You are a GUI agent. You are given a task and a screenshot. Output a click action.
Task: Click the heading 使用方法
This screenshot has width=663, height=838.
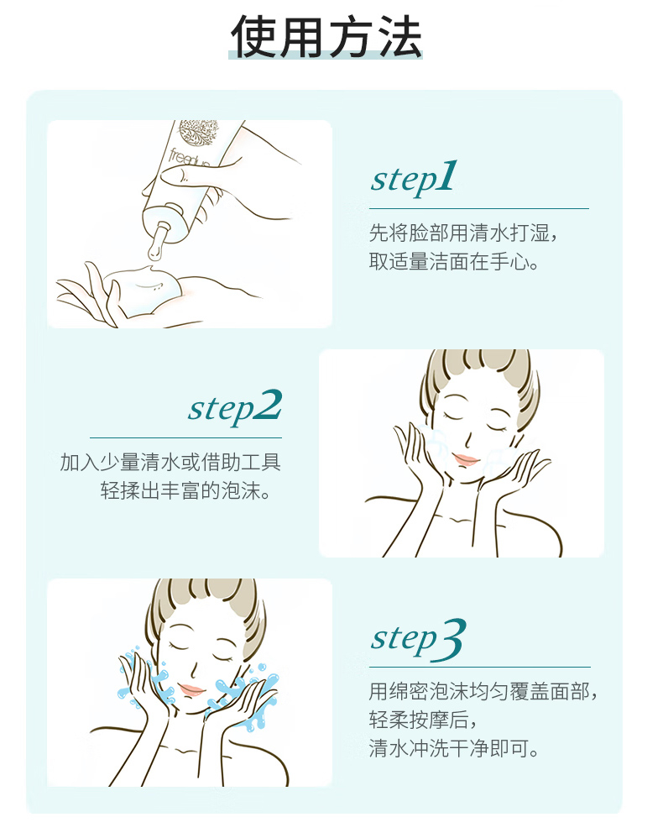coord(326,36)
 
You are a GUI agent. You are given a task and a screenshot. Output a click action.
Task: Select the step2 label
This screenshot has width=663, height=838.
coord(235,407)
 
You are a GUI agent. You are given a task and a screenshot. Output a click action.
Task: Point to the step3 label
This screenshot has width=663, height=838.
coord(418,639)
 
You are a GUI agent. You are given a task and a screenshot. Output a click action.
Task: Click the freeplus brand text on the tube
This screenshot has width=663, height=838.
coord(189,158)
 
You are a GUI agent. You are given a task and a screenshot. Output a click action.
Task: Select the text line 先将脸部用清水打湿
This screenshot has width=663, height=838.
coord(463,233)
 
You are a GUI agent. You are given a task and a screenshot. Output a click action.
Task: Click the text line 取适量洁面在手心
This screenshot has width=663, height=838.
coord(453,261)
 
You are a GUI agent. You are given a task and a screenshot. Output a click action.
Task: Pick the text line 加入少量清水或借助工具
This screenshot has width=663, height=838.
coord(170,462)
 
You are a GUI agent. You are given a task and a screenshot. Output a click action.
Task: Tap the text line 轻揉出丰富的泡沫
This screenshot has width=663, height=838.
coord(185,490)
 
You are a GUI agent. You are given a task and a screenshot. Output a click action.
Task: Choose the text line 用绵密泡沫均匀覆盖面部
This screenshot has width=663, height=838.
coord(483,691)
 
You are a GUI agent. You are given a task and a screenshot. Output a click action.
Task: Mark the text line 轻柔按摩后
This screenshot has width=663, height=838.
coord(422,720)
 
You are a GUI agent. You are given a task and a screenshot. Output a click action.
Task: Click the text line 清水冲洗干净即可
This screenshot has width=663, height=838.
coord(453,748)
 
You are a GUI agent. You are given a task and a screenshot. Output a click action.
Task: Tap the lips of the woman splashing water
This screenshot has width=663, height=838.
coord(191,689)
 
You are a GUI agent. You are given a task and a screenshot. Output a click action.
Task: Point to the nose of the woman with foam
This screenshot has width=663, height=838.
coord(469,440)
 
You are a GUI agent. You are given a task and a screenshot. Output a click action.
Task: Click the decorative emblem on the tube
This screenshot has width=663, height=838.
coord(198,133)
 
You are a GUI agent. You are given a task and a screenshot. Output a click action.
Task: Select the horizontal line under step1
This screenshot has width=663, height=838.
coord(478,208)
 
